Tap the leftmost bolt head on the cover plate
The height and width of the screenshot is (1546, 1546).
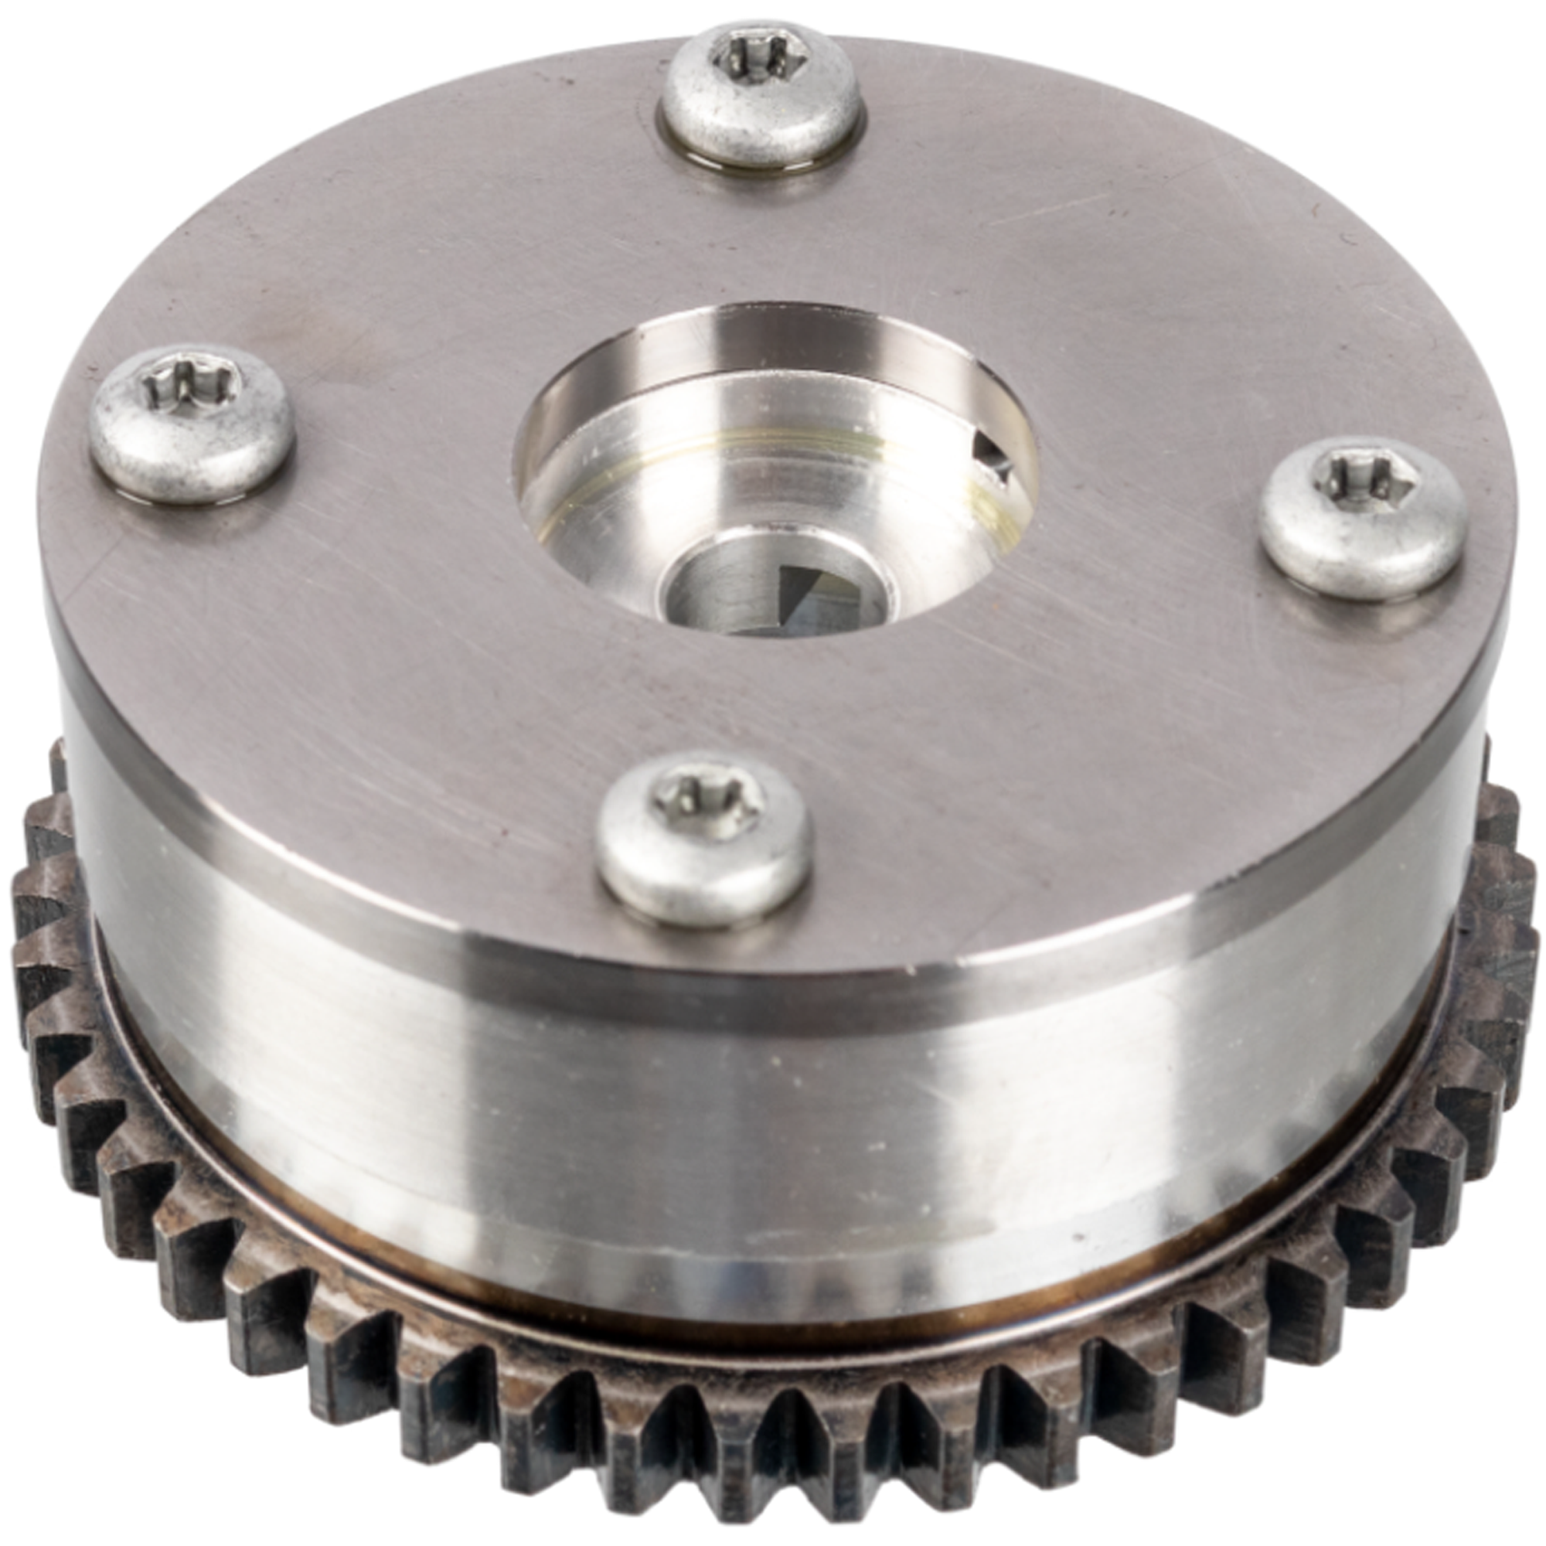[192, 425]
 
